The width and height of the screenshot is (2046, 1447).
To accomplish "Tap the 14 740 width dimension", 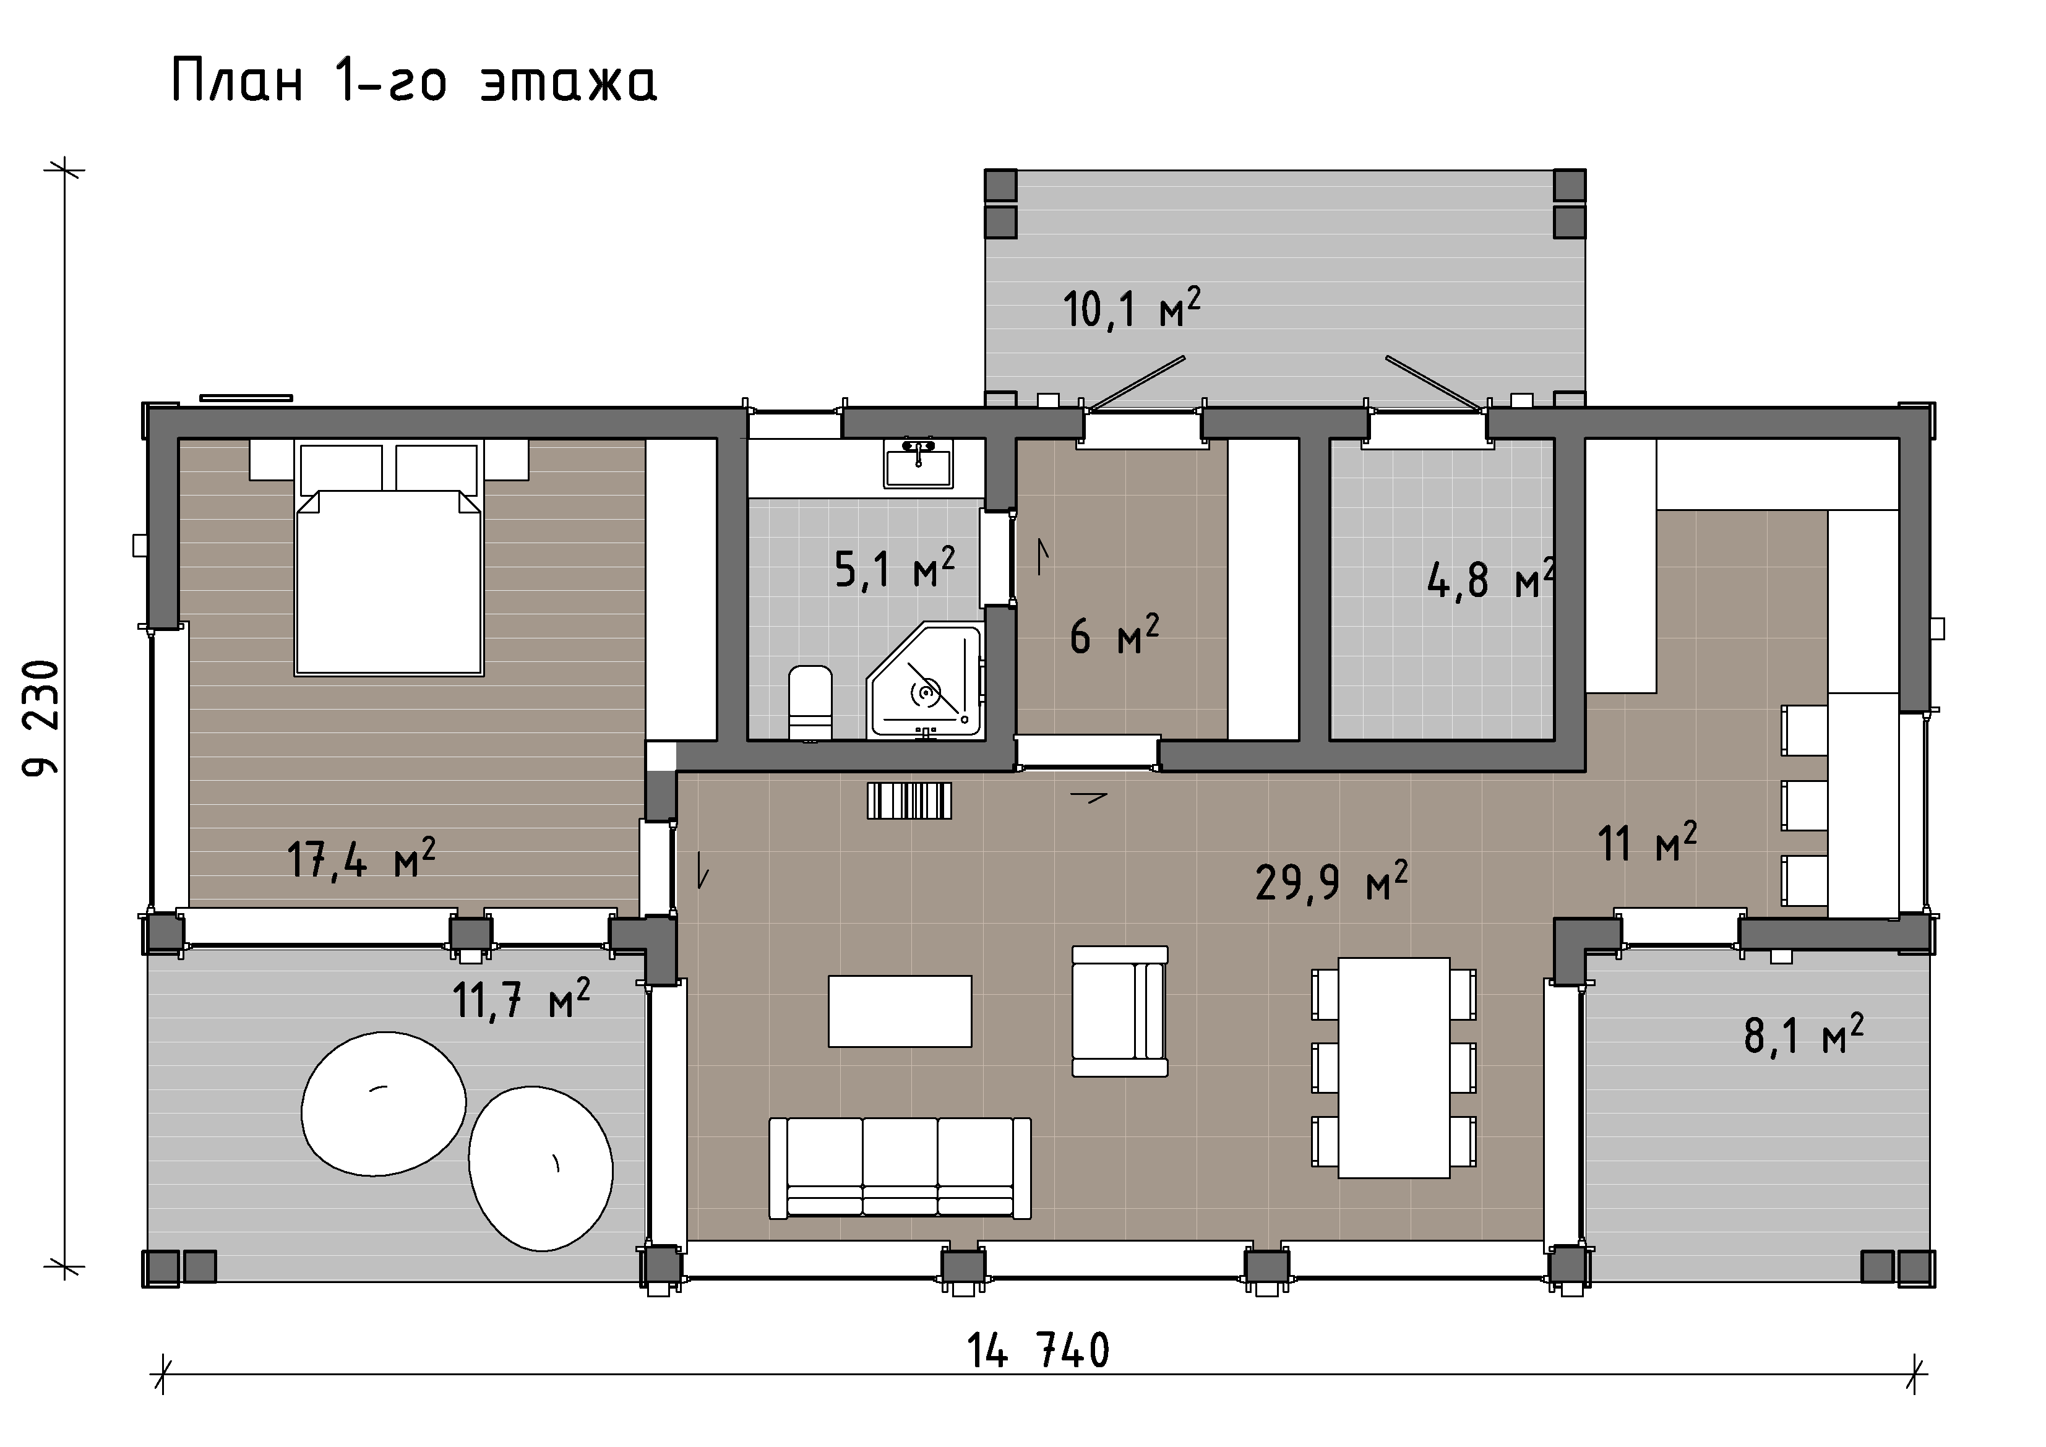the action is click(x=1038, y=1350).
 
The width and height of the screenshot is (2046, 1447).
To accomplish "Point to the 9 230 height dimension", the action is click(x=41, y=718).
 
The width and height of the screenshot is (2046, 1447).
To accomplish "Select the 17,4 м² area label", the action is click(x=361, y=859).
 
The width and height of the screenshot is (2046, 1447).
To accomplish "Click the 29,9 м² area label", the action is click(x=1331, y=881).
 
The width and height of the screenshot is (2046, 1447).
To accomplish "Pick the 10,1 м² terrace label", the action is click(x=1132, y=307).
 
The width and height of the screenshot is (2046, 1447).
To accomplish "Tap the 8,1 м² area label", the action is click(x=1803, y=1034).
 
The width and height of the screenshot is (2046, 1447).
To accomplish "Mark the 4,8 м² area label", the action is click(x=1491, y=579).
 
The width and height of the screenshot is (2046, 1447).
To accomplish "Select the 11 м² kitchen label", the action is click(x=1648, y=842).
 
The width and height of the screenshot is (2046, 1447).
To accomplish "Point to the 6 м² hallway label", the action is click(x=1114, y=635).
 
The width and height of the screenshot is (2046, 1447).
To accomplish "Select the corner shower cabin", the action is click(x=925, y=681).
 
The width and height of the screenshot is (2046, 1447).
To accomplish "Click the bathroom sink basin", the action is click(x=918, y=463).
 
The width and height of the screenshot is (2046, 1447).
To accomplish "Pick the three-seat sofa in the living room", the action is click(x=900, y=1168).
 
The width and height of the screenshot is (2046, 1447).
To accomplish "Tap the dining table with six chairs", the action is click(x=1394, y=1067).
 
